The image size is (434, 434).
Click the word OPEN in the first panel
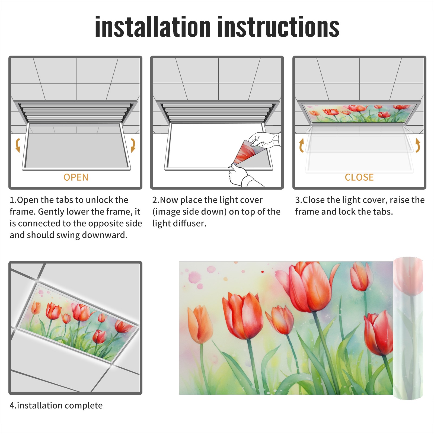[76, 177]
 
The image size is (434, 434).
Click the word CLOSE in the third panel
[359, 177]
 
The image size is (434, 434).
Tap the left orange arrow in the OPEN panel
[18, 145]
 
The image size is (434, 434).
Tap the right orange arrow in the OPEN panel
[133, 145]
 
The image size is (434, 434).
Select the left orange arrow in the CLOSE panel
[301, 145]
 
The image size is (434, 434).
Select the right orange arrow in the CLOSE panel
[418, 145]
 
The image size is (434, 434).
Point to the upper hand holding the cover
[264, 140]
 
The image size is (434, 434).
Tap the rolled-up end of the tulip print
[408, 328]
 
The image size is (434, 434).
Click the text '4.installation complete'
[56, 405]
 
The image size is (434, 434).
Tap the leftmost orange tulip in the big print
[200, 324]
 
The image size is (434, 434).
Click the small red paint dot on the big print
[262, 272]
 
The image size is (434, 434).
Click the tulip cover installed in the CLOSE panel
[359, 113]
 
